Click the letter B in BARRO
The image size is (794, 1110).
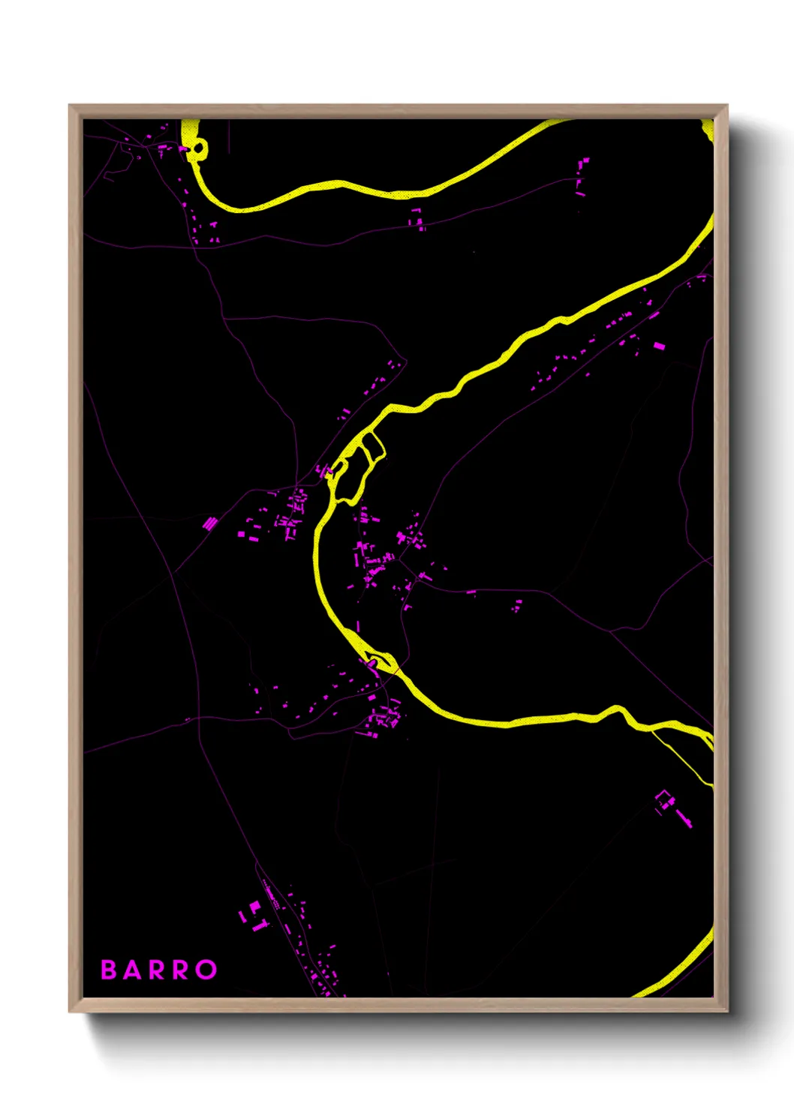(109, 970)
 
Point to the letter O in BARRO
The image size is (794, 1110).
(206, 970)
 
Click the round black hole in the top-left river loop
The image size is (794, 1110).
(198, 148)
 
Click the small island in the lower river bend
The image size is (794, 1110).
(382, 661)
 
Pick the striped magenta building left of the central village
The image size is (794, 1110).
(210, 523)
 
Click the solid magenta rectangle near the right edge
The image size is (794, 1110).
(659, 346)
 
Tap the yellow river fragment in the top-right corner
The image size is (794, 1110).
(708, 127)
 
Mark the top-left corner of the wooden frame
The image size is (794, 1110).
(70, 106)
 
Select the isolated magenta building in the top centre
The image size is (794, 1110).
(416, 218)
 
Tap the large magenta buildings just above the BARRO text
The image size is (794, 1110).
(255, 916)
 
